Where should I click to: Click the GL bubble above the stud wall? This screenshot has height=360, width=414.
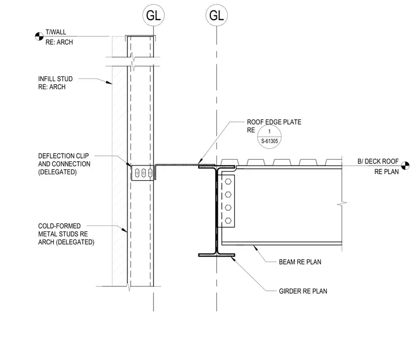pos(154,15)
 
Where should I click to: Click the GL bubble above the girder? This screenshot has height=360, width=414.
pos(216,15)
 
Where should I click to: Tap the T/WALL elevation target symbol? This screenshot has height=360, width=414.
pos(39,36)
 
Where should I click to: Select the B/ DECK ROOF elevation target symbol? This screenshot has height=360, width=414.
pos(405,166)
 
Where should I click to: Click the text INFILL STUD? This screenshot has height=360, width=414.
pos(56,79)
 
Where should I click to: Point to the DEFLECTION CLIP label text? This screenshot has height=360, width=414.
pos(64,156)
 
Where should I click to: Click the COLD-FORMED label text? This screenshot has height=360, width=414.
pos(59,226)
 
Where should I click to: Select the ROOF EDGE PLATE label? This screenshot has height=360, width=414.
pos(274,122)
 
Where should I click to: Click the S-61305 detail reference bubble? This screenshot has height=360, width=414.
pos(269,137)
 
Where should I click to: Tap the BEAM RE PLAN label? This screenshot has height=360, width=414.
pos(300,262)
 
